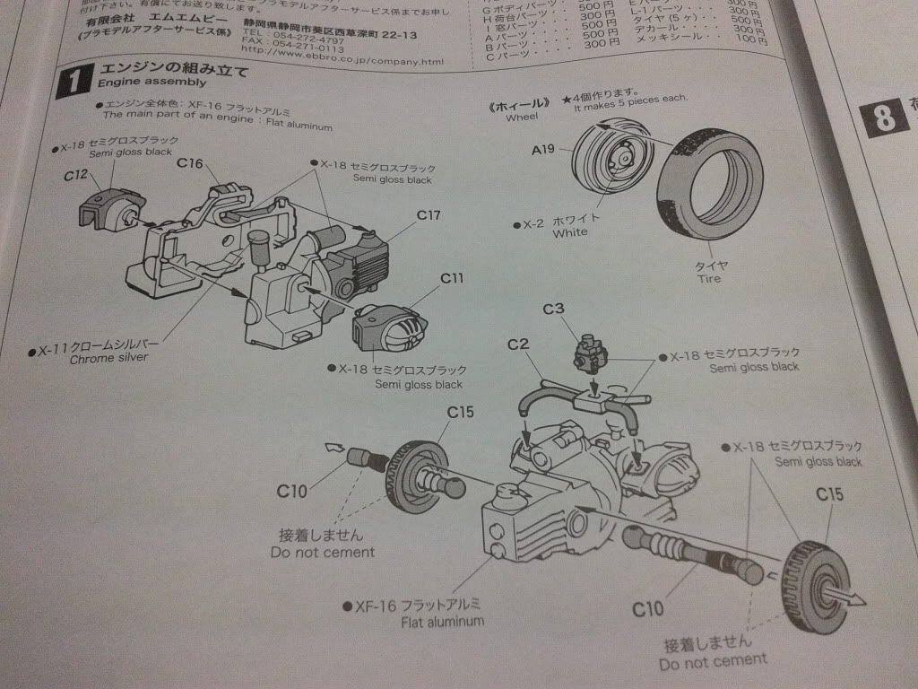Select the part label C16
click(x=191, y=163)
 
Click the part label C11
click(x=452, y=279)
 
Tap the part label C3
click(x=553, y=310)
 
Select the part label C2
click(x=520, y=344)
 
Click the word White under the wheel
click(x=570, y=232)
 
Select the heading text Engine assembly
click(x=142, y=83)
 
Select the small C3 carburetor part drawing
click(x=591, y=352)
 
